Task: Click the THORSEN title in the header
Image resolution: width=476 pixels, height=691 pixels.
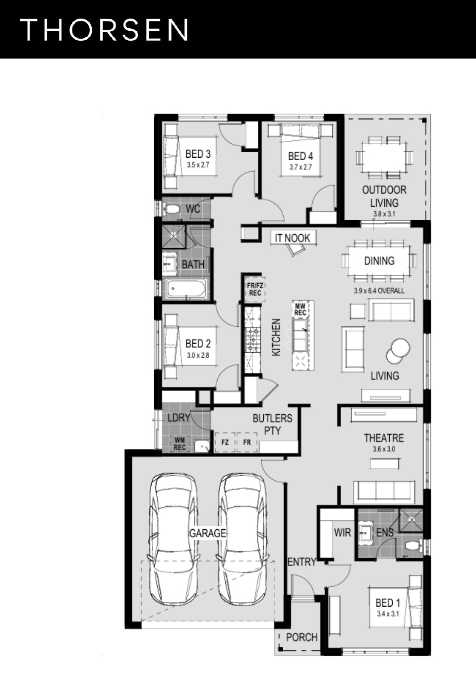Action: coord(104,30)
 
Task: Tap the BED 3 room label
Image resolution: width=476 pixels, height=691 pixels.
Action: coord(198,154)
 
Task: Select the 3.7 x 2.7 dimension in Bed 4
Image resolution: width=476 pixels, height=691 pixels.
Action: coord(300,167)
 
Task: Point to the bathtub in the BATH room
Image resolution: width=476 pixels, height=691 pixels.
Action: coord(186,289)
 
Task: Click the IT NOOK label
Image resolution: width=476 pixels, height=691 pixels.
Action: coord(293,238)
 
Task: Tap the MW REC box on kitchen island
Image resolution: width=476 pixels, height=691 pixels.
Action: coord(300,310)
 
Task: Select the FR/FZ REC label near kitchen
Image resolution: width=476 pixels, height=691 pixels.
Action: coord(255,289)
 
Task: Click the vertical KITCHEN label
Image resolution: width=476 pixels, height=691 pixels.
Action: coord(276,337)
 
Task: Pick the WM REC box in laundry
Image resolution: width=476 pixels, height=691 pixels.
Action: coord(179,444)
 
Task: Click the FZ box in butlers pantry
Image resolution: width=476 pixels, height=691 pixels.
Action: coord(225,442)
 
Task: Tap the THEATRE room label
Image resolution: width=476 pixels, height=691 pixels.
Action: coord(384,438)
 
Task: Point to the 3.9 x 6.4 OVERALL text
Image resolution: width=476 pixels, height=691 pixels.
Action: coord(379,291)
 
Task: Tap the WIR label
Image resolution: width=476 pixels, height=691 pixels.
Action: coord(343,532)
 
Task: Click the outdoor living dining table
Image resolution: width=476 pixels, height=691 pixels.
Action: coord(384,158)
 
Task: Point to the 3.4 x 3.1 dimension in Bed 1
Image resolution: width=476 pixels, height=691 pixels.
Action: coord(388,614)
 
